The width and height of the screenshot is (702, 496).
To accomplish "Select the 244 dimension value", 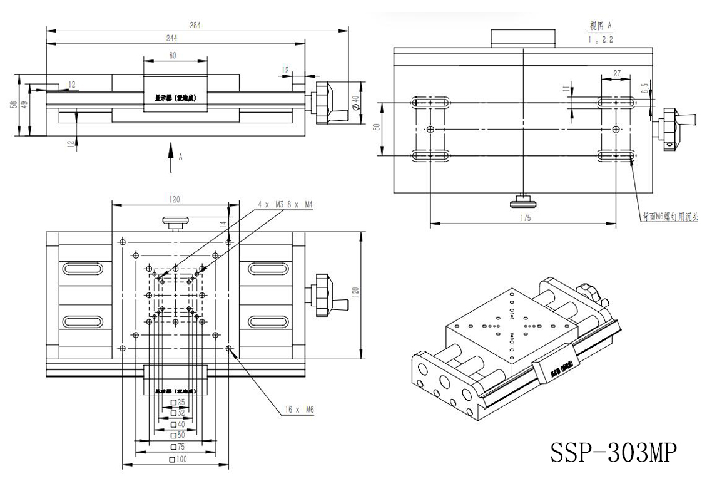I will coord(171,39).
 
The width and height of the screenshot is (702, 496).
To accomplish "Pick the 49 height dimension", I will coord(24,105).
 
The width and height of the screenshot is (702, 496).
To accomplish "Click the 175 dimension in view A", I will coord(525,218).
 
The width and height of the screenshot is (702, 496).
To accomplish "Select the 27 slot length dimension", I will coord(617,73).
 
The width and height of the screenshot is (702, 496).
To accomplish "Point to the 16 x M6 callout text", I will coord(300,410).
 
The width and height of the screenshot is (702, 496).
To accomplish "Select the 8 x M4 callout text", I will coord(298,205).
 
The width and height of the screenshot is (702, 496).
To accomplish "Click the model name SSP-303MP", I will coord(613,452).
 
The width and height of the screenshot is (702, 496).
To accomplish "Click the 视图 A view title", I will coord(600,26).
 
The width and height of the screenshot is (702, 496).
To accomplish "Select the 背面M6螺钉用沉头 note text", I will coord(669,218).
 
